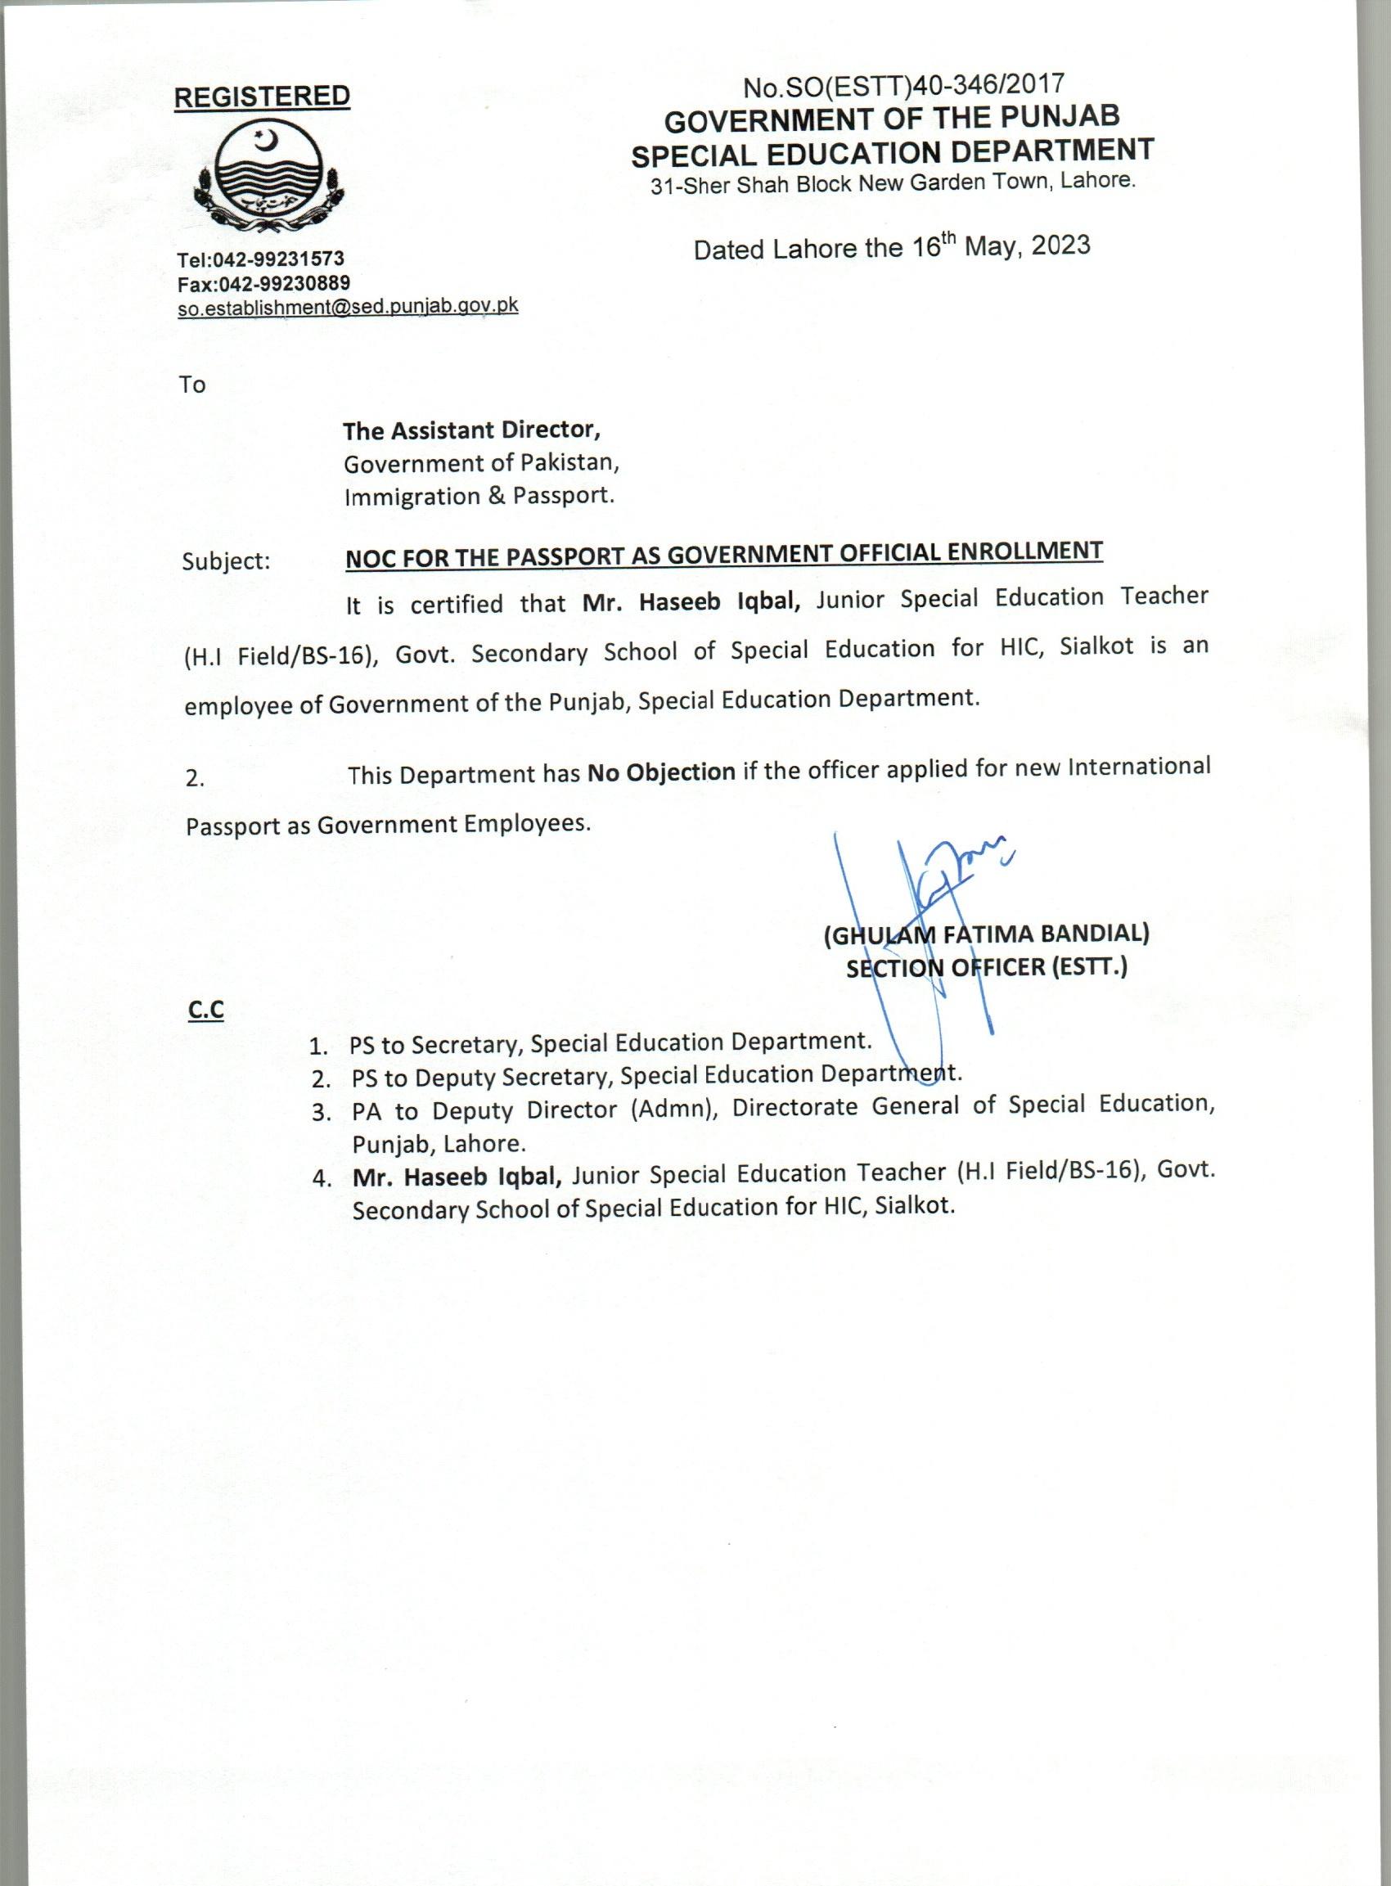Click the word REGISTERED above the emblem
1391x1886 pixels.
click(x=261, y=97)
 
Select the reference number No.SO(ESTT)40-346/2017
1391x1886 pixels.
click(x=903, y=85)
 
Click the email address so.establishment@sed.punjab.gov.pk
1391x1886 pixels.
click(x=347, y=308)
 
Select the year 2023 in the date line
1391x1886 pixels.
click(x=1061, y=245)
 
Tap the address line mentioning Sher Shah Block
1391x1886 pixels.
click(x=893, y=183)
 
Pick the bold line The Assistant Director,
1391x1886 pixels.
click(x=471, y=430)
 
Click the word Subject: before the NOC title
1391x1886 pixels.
click(x=226, y=560)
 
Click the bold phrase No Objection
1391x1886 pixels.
click(x=661, y=772)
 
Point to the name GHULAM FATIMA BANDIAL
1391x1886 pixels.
click(x=988, y=934)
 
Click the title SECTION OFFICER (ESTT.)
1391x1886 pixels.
click(x=986, y=968)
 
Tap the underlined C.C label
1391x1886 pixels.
click(x=206, y=1010)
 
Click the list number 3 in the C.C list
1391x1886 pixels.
click(x=320, y=1113)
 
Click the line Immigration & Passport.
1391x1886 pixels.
click(x=479, y=496)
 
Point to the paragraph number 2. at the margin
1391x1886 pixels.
click(x=195, y=779)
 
